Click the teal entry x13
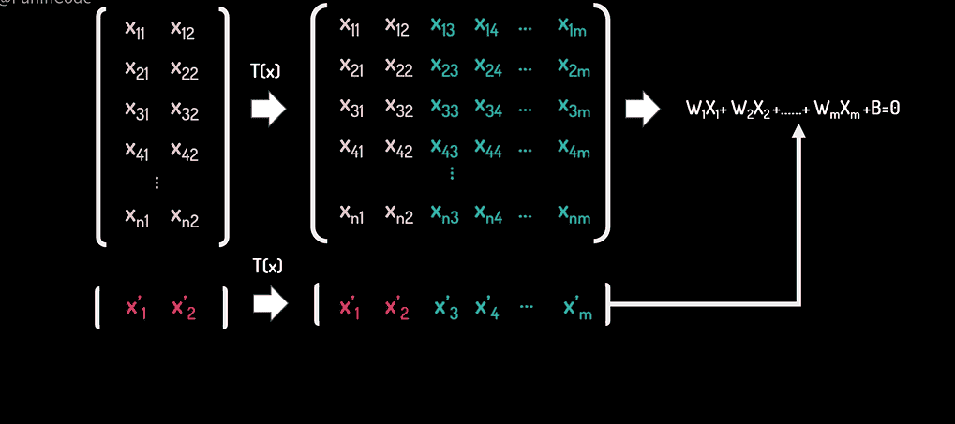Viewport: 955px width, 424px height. tap(442, 28)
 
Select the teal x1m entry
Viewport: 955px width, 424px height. tap(573, 28)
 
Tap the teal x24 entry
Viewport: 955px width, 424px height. tap(486, 68)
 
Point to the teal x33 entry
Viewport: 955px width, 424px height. tap(442, 109)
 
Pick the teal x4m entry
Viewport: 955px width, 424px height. tap(573, 149)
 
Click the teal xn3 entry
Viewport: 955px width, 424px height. tap(442, 215)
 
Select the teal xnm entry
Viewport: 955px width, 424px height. tap(573, 215)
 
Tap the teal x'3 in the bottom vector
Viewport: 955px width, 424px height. tap(446, 309)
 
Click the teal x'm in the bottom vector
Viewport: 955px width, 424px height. tap(577, 309)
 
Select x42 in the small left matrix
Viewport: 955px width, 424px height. tap(184, 150)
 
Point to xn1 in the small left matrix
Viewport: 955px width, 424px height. tap(138, 216)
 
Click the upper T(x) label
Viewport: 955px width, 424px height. tap(267, 71)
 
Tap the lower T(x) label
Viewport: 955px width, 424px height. tap(267, 267)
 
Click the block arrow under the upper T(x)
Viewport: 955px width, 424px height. tap(268, 109)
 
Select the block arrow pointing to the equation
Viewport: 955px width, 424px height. tap(642, 109)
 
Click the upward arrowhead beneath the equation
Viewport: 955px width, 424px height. tap(798, 133)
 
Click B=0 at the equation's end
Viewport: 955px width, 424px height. tap(884, 110)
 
